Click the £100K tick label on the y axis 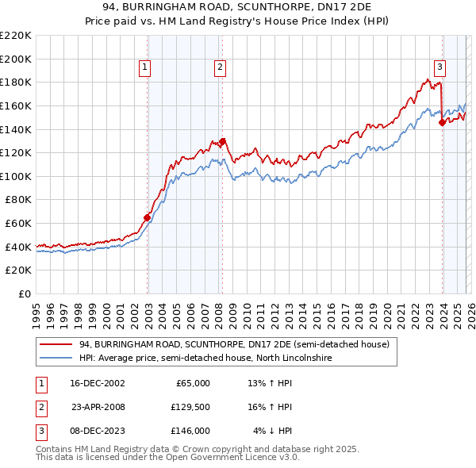(15, 176)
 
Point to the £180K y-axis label (15, 82)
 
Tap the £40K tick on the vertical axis (17, 247)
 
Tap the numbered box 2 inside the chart (219, 68)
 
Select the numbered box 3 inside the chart (440, 68)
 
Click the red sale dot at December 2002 (148, 217)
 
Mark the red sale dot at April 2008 (222, 141)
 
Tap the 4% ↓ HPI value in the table (273, 431)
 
